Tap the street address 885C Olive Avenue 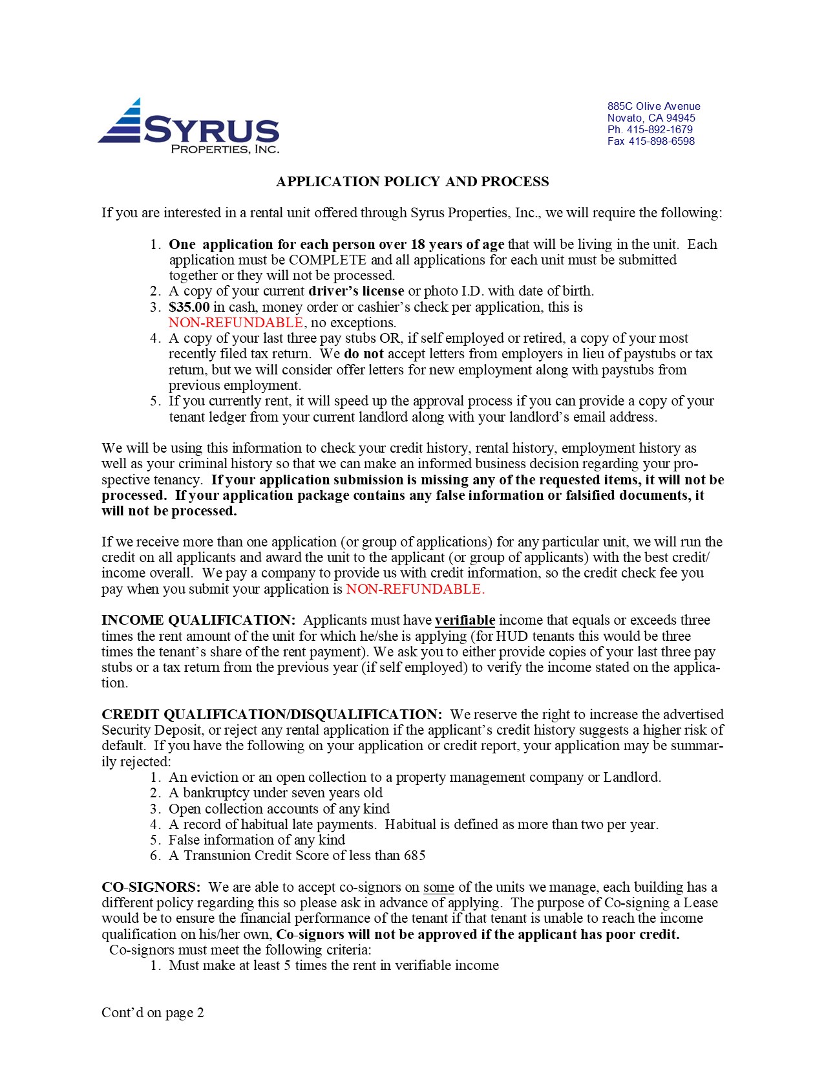(653, 107)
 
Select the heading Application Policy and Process (412, 182)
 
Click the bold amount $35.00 (189, 307)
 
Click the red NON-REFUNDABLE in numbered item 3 (236, 323)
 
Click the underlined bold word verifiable (465, 620)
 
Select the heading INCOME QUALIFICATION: (198, 620)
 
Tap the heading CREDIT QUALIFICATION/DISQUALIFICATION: (272, 715)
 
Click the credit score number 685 (414, 856)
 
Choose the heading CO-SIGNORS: (151, 887)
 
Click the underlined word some (439, 887)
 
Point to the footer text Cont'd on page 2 (153, 1013)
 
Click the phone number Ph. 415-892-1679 (650, 130)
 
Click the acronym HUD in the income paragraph (511, 636)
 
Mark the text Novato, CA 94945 (651, 118)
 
